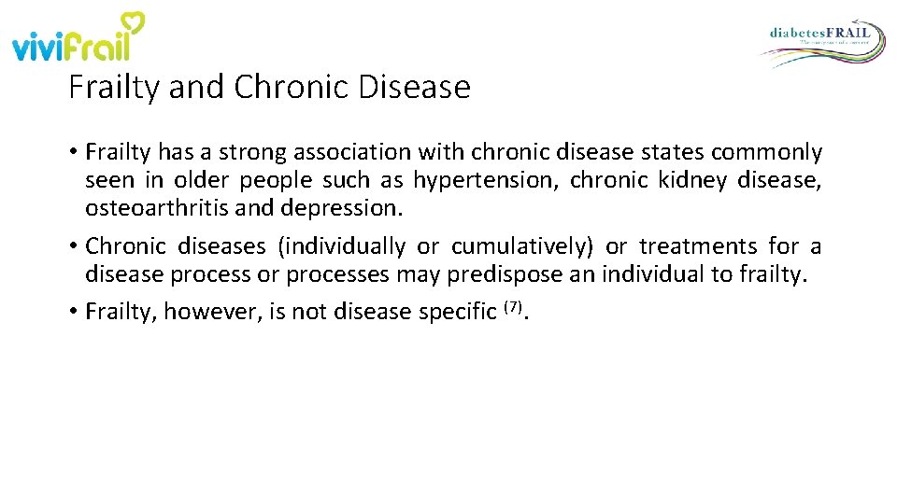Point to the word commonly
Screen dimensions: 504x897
coord(775,152)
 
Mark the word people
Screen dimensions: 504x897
coord(277,180)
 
